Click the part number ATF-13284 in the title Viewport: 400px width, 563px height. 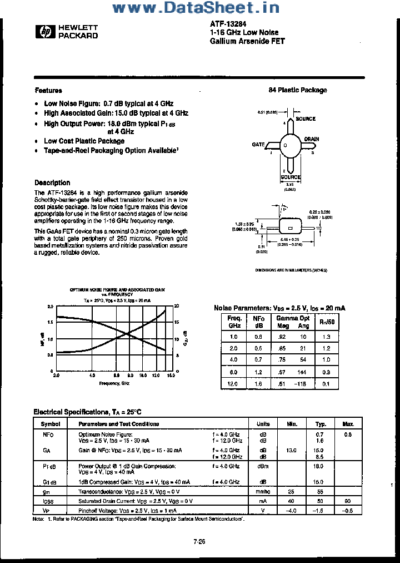click(x=225, y=24)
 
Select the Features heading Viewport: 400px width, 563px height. click(x=48, y=90)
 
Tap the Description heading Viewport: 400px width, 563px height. click(x=52, y=182)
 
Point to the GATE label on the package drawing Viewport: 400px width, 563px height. click(x=258, y=145)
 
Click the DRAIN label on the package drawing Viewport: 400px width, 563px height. click(x=311, y=139)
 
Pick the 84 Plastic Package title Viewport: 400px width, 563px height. click(x=298, y=90)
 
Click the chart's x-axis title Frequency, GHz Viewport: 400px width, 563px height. click(x=114, y=383)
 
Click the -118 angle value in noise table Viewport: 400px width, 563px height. click(x=302, y=383)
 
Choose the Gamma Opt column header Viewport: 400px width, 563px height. click(x=293, y=318)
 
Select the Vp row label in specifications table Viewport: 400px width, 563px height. click(x=47, y=511)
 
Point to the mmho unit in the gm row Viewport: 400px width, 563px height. click(x=263, y=492)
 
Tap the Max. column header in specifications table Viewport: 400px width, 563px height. click(x=348, y=424)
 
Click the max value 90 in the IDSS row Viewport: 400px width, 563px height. click(x=348, y=501)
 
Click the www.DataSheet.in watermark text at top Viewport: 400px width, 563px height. click(x=196, y=8)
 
